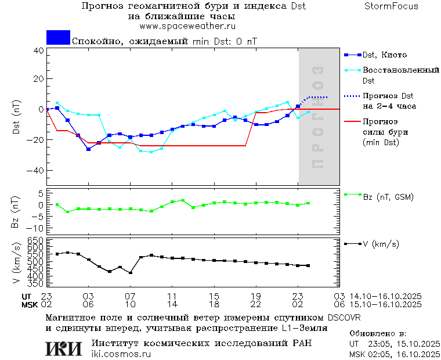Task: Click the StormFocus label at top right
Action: pyautogui.click(x=391, y=6)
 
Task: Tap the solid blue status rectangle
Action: pyautogui.click(x=58, y=38)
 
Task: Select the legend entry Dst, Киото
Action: pyautogui.click(x=384, y=55)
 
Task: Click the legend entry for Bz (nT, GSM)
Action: pyautogui.click(x=388, y=197)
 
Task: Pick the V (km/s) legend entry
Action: pyautogui.click(x=381, y=244)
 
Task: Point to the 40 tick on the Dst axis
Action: pyautogui.click(x=38, y=51)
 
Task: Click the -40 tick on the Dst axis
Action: pyautogui.click(x=36, y=171)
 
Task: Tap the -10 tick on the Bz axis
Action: pyautogui.click(x=36, y=228)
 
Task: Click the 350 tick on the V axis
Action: pyautogui.click(x=36, y=283)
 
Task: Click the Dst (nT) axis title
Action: pyautogui.click(x=16, y=118)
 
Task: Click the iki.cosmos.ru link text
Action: pyautogui.click(x=121, y=354)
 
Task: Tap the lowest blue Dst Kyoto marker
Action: pyautogui.click(x=89, y=149)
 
